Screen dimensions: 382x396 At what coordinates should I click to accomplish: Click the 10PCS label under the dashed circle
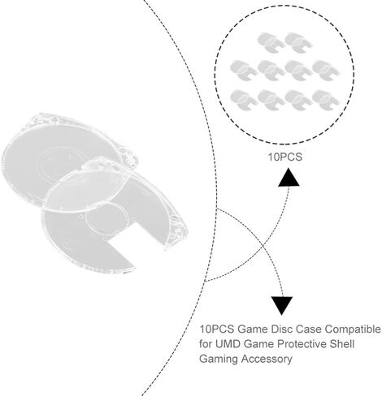pos(284,157)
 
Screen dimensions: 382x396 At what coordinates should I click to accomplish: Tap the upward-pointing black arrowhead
pos(289,177)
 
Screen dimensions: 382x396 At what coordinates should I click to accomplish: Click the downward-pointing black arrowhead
pos(282,306)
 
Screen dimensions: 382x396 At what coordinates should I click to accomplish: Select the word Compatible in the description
pos(353,329)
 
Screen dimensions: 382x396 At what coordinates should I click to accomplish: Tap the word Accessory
pos(267,359)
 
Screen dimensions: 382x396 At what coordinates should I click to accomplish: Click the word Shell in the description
pos(341,344)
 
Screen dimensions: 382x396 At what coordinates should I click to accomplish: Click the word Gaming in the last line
pos(219,359)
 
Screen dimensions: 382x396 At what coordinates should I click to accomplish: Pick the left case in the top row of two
pos(271,42)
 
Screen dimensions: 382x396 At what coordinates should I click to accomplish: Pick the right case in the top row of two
pos(298,42)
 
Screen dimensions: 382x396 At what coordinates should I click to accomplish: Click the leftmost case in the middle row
pos(244,70)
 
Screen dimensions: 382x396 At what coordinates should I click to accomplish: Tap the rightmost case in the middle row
pos(326,70)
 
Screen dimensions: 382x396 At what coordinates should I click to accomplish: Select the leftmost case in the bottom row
pos(244,100)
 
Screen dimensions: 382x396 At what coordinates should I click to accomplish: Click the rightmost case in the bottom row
pos(326,100)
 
